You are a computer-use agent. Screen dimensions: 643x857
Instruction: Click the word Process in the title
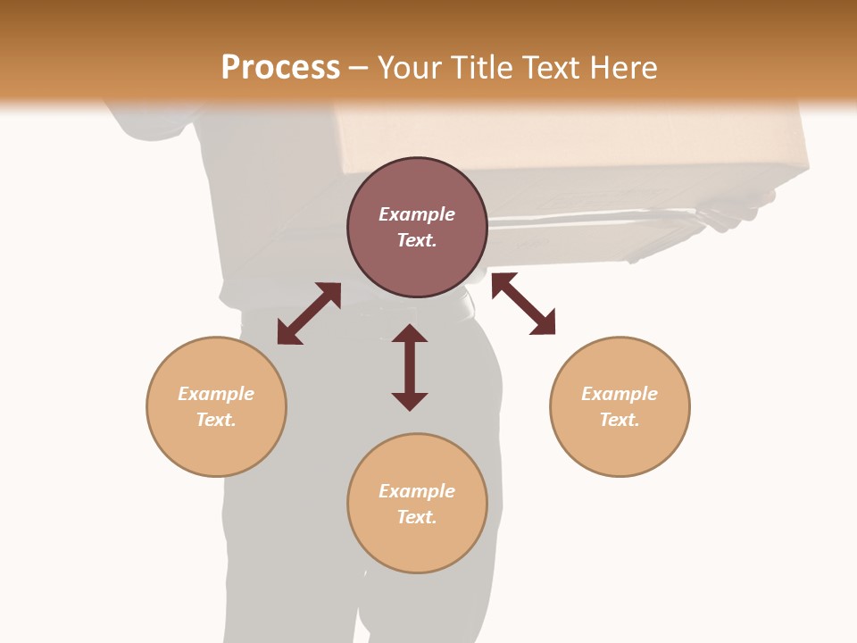tap(280, 68)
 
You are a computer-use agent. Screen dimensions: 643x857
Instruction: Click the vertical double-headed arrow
tap(410, 367)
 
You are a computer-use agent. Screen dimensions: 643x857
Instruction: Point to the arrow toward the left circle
tap(309, 313)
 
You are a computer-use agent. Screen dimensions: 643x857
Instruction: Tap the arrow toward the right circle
tap(523, 304)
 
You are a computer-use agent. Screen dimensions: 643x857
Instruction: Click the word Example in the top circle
tap(417, 214)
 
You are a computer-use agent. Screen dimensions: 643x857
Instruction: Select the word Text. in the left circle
tap(216, 420)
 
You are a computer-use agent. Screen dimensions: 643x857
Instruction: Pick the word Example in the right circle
tap(620, 394)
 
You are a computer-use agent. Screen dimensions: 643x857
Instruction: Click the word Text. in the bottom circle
tap(417, 517)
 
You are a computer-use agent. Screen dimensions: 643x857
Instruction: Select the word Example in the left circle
tap(216, 394)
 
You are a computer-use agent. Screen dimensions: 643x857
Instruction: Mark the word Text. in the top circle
tap(417, 240)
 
